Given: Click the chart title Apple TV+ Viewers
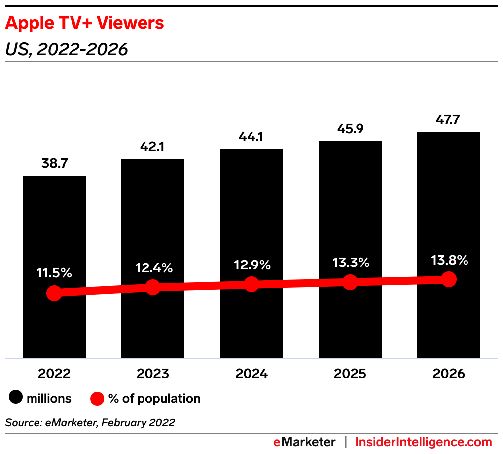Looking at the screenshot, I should (x=84, y=23).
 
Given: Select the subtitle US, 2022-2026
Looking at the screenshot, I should (x=67, y=49).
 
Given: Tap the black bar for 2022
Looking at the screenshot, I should (x=54, y=222).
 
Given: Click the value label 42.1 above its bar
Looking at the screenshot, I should (x=153, y=147).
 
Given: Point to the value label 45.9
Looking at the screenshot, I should (x=350, y=129).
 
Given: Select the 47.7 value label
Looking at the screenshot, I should (x=449, y=120).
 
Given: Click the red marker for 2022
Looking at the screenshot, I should (x=54, y=293).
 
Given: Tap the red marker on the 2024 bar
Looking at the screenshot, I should (x=251, y=284).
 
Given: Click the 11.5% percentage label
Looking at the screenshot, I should (x=54, y=273).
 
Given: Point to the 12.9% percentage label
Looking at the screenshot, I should (x=251, y=265).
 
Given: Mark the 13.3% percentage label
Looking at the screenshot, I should (x=350, y=263).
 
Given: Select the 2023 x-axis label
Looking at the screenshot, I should (x=153, y=374).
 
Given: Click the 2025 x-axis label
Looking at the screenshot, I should (x=350, y=374).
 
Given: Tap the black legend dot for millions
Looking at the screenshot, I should (x=17, y=398).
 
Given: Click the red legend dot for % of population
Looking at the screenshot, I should (x=98, y=398).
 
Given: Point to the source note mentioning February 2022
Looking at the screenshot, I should (x=90, y=423).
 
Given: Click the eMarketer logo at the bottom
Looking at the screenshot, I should (x=304, y=442).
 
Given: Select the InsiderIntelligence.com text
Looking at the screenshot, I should (x=424, y=442).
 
